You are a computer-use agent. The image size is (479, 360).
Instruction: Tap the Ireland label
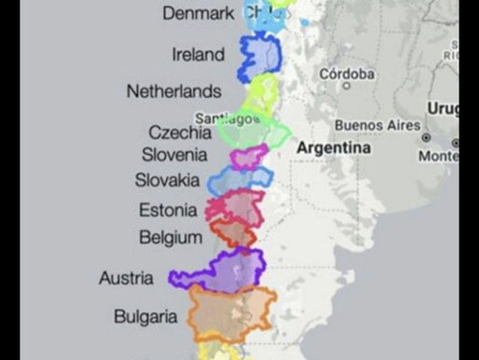point(198,54)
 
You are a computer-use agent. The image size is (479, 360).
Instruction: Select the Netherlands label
point(173,91)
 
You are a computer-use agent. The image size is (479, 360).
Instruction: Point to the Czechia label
point(180,132)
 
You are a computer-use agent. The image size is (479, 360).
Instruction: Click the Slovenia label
point(174,155)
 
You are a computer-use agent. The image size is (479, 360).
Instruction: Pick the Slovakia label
point(167,180)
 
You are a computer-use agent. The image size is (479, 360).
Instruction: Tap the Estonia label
point(168,210)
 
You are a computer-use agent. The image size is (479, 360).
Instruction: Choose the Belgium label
point(171,237)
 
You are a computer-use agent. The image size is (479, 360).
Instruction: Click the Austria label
point(127,278)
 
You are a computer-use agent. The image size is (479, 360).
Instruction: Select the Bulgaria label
point(145,317)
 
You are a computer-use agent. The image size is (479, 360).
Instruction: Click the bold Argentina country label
point(333,147)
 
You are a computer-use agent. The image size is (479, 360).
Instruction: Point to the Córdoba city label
point(346,74)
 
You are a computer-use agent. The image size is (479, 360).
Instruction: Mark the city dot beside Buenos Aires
point(426,136)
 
